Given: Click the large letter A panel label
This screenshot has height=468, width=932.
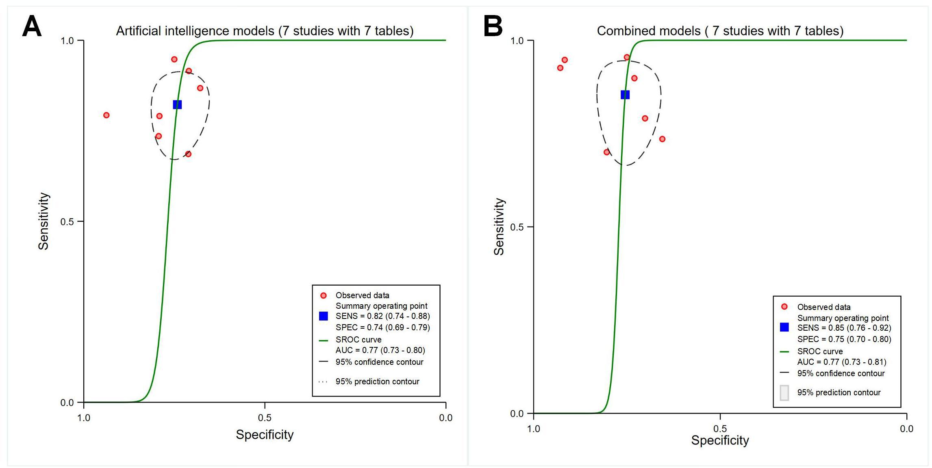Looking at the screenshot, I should point(32,27).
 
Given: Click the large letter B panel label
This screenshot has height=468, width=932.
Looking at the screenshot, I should point(493,27).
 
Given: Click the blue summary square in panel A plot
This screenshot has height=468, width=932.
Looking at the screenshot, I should point(177,105).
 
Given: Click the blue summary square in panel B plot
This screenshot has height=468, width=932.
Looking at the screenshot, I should point(625,95).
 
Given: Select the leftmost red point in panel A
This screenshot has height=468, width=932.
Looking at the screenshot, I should point(106,115).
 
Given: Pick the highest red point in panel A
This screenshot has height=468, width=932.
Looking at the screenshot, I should point(174,59).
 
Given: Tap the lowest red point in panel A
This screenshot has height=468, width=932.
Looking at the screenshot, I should point(188,154).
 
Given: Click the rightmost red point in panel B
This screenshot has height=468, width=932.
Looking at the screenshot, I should point(662,139).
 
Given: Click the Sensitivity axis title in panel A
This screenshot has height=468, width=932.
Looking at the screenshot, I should point(43,221).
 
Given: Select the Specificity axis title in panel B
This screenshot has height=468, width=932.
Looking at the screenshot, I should point(720,440).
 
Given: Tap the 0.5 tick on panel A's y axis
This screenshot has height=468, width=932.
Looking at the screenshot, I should point(67,222).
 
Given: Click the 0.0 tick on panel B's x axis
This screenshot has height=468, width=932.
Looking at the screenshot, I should point(906,429).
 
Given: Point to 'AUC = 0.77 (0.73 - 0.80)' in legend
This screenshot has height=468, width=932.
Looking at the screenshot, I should point(380,350).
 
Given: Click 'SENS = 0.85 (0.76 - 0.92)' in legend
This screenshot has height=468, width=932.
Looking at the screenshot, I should point(844,328).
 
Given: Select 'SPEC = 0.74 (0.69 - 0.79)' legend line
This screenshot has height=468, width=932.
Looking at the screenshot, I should point(382,327).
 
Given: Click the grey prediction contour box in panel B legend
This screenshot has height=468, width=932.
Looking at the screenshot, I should point(784,393).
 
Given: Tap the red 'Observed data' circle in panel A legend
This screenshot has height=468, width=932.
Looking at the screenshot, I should point(324,296).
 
